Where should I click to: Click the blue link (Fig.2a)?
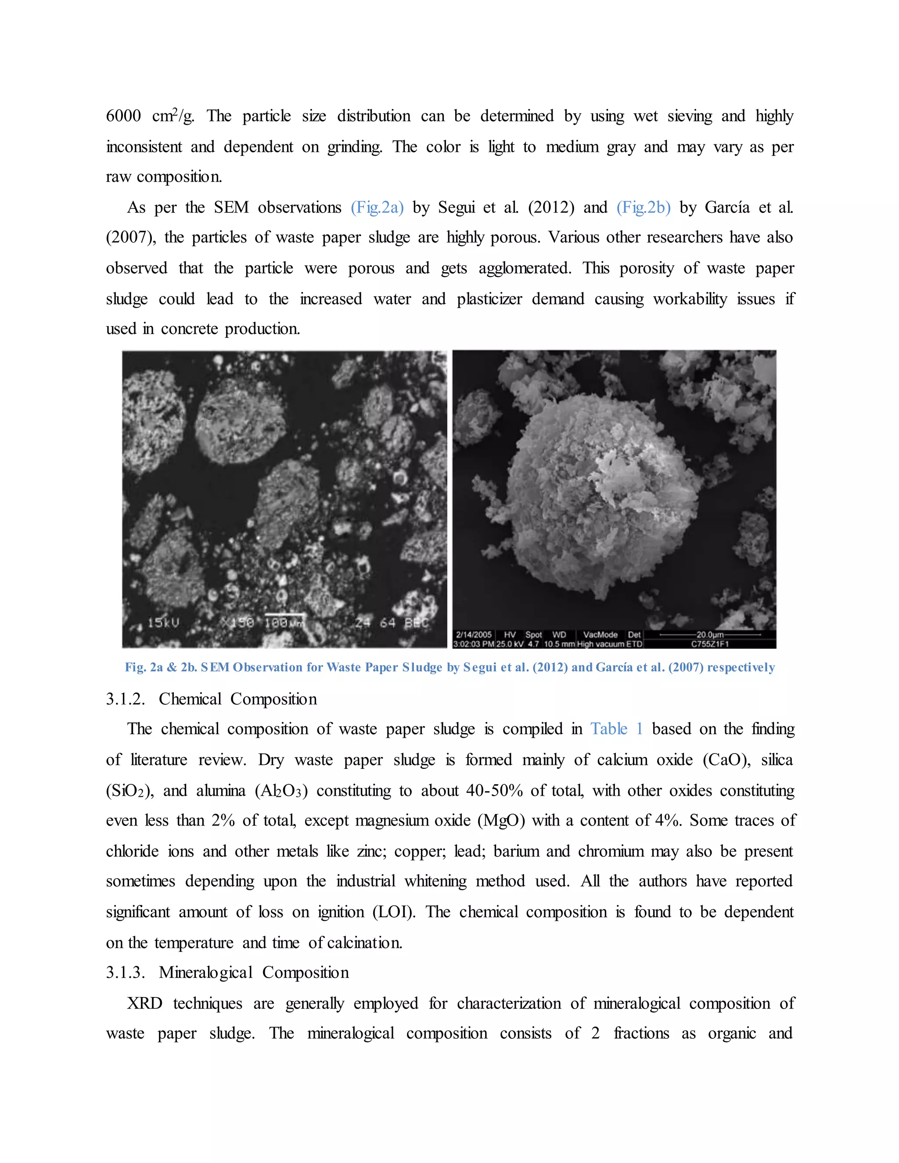377,207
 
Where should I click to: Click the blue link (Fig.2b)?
644,207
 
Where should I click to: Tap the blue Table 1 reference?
617,729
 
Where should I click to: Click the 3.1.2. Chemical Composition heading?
212,699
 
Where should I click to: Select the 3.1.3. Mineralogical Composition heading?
227,973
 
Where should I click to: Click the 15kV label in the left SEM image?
163,622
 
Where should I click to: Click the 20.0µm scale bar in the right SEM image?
710,635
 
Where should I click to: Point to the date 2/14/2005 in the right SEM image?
474,635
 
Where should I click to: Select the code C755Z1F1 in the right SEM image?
710,644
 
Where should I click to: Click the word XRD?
144,1003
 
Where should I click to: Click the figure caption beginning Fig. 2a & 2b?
449,667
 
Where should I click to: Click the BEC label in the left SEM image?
417,622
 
